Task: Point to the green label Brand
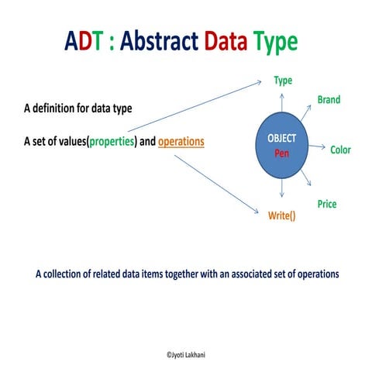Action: click(329, 100)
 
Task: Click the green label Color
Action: click(340, 149)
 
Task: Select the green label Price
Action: click(327, 204)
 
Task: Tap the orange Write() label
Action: click(281, 217)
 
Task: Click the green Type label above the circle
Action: click(283, 81)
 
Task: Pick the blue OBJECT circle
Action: click(281, 147)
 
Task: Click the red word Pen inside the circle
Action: click(281, 153)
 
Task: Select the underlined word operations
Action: click(181, 143)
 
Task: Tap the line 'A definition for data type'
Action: click(77, 108)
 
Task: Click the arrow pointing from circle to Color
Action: click(318, 149)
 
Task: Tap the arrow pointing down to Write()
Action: click(282, 194)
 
